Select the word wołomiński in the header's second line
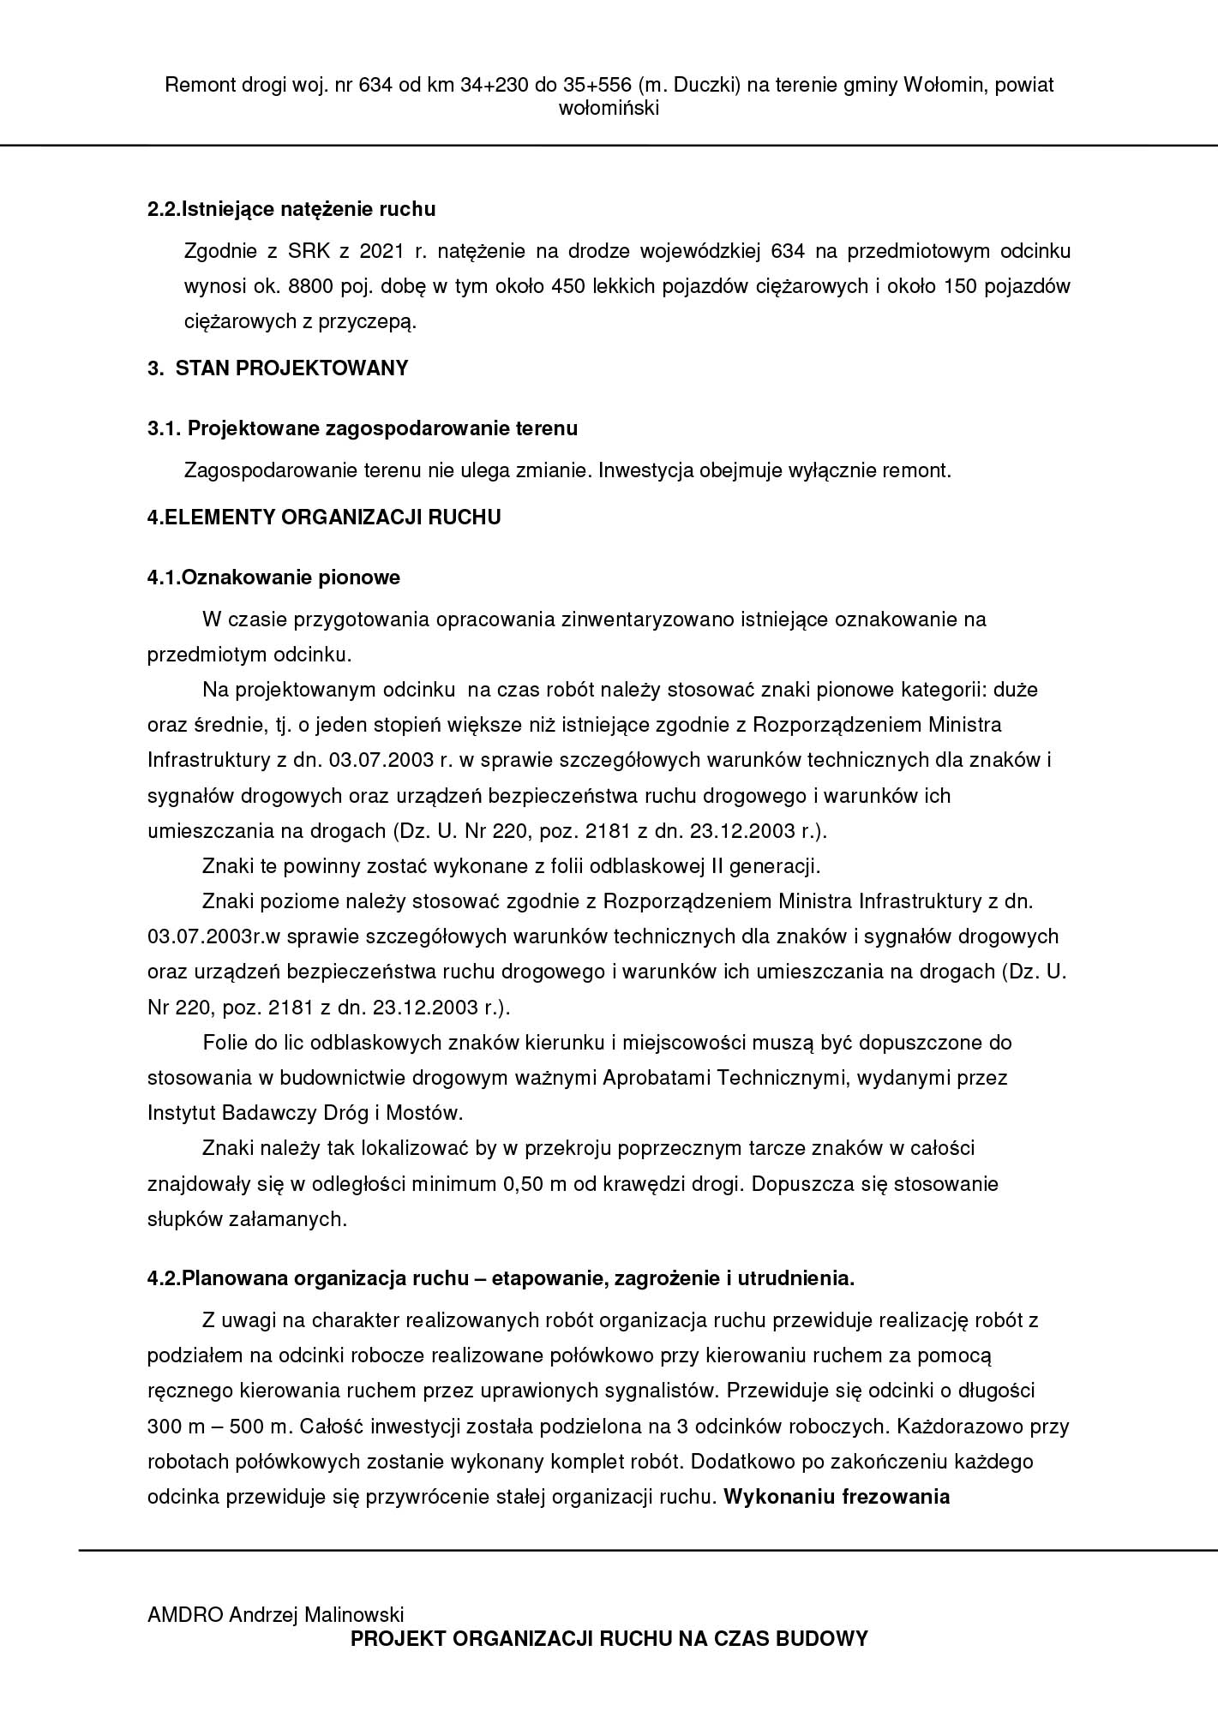[609, 109]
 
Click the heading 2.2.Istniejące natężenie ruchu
[291, 209]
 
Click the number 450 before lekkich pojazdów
[567, 286]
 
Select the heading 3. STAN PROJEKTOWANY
[278, 368]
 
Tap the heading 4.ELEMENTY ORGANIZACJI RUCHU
[324, 517]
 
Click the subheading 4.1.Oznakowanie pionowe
[273, 577]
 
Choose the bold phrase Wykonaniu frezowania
[837, 1497]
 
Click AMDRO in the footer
[185, 1615]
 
